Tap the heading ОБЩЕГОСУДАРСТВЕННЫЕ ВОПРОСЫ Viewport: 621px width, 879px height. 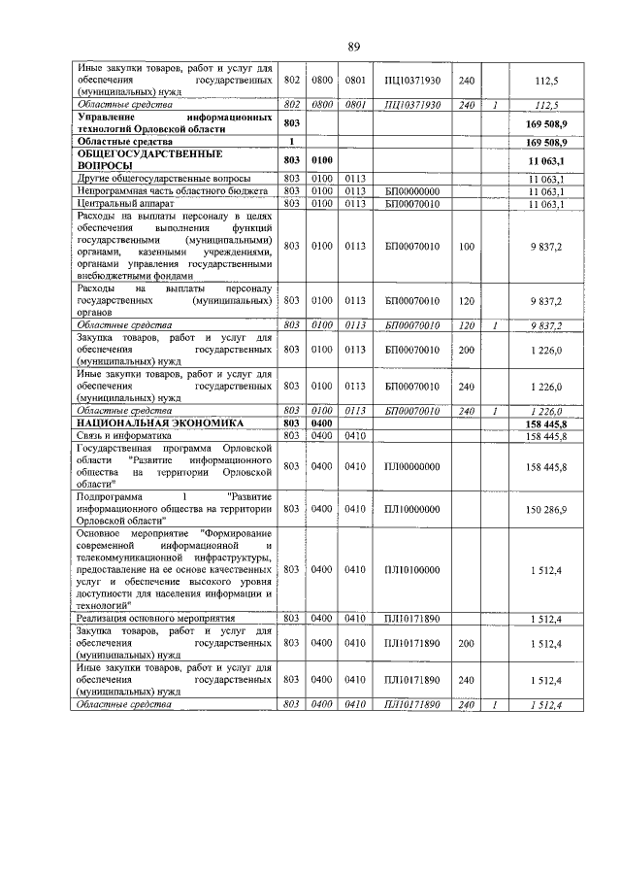[145, 160]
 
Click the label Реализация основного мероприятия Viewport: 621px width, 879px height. [155, 618]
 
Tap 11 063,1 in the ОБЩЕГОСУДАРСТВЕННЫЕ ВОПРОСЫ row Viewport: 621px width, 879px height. [546, 160]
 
